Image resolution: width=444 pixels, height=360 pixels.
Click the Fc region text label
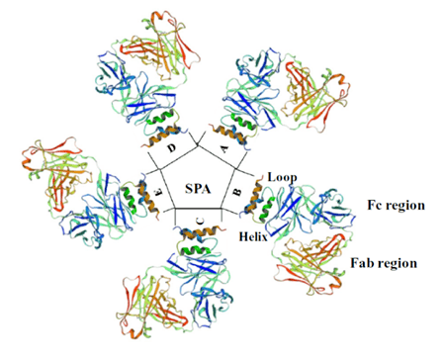pyautogui.click(x=393, y=205)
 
